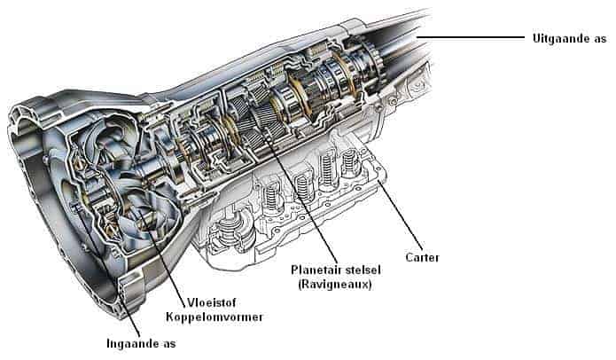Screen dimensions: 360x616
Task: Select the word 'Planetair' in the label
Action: pos(315,268)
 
